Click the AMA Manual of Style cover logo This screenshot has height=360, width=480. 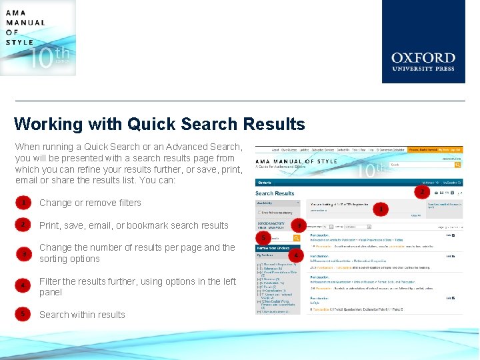pos(38,37)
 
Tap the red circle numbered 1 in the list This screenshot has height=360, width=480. pos(24,203)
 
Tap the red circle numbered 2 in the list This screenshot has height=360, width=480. pos(24,225)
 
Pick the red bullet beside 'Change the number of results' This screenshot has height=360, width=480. pos(24,254)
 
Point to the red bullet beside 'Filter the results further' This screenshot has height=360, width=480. pos(24,286)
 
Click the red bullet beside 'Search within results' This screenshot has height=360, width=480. pos(24,313)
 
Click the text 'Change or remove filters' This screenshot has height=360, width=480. pos(90,203)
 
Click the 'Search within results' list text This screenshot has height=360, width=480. pos(82,315)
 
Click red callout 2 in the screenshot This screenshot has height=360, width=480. pos(421,191)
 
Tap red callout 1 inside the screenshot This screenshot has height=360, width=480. pos(381,209)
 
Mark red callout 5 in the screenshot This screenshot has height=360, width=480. pos(264,237)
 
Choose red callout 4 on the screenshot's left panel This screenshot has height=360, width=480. pos(296,255)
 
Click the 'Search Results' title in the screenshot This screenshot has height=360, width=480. pos(275,193)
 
